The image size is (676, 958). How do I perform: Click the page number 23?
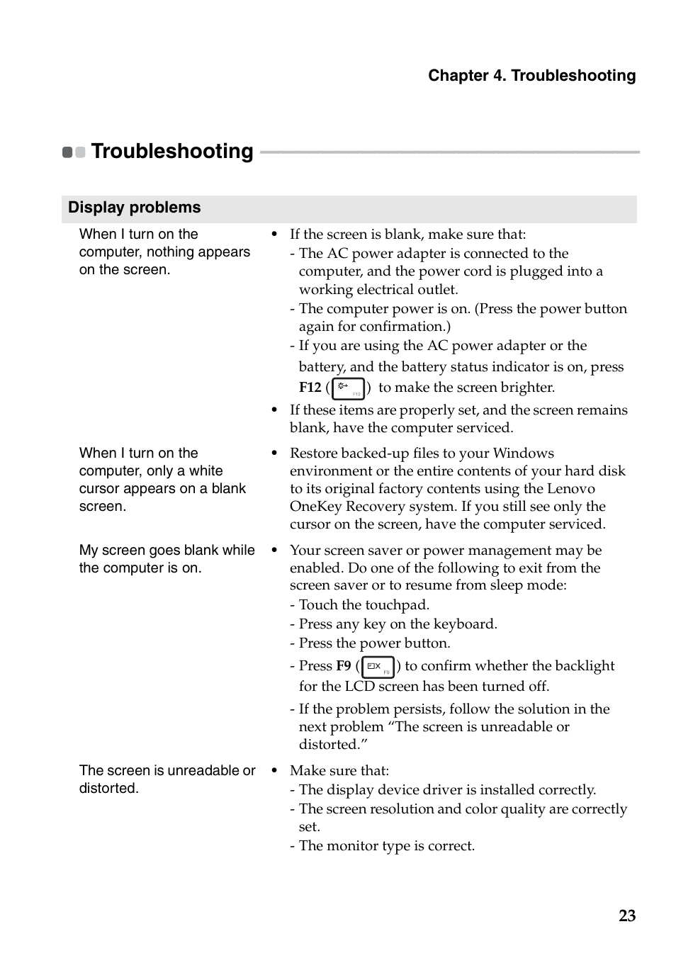[x=626, y=915]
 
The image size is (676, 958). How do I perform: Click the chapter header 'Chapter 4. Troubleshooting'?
[x=531, y=76]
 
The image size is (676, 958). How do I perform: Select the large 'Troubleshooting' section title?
[x=172, y=151]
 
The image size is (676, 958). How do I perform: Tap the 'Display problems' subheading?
[x=135, y=208]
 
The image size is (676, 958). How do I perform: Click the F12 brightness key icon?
[x=348, y=388]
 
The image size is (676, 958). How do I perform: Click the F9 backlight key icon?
[x=378, y=667]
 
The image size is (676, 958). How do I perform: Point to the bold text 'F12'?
[x=310, y=388]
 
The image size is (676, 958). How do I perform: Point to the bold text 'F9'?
[x=343, y=666]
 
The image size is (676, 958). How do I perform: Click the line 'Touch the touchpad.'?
[x=364, y=605]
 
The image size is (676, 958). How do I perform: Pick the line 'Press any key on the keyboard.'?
[x=398, y=624]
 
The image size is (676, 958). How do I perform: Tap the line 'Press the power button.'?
[x=374, y=643]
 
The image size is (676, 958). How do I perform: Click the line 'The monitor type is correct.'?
[x=386, y=846]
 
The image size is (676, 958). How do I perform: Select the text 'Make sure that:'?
[x=339, y=771]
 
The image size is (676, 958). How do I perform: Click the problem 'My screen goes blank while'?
[x=167, y=551]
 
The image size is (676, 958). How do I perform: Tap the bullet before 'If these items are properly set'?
[x=274, y=410]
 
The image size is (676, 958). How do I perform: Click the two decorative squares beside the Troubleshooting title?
[x=74, y=152]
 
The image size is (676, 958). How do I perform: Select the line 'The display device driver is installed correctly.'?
[x=447, y=790]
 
